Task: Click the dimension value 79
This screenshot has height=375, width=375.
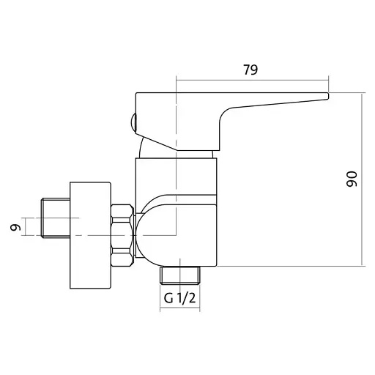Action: click(250, 70)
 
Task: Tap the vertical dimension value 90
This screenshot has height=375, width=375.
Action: click(352, 179)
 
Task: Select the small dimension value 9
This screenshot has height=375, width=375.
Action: click(15, 228)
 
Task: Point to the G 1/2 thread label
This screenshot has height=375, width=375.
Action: click(179, 298)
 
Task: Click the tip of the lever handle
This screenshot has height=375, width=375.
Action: click(328, 96)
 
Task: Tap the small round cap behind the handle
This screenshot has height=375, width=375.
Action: click(133, 122)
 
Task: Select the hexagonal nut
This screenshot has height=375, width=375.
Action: click(122, 235)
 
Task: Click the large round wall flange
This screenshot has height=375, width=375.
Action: click(90, 235)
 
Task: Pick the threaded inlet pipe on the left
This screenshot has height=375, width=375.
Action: click(56, 218)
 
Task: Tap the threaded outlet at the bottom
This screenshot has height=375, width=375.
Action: click(180, 275)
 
